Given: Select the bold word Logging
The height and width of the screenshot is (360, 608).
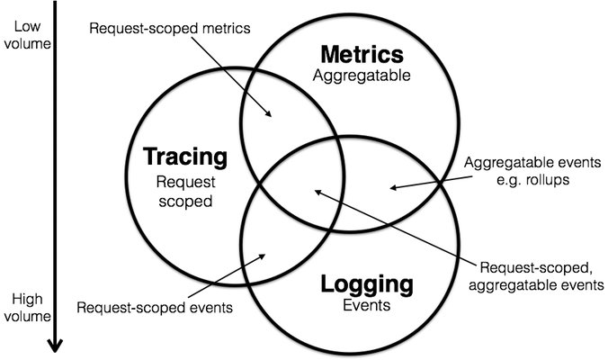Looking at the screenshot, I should point(367,285).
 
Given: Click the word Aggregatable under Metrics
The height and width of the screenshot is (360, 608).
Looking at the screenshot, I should point(362,76).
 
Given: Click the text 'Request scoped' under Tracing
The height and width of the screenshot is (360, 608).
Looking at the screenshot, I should point(184,191).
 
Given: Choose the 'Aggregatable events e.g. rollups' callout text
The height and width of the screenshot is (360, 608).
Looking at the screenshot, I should point(529,173).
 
